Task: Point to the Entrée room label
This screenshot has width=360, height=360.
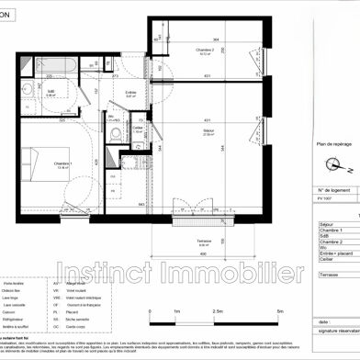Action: [131, 92]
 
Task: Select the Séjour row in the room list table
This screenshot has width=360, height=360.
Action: [326, 222]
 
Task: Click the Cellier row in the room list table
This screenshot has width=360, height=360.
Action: [326, 260]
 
